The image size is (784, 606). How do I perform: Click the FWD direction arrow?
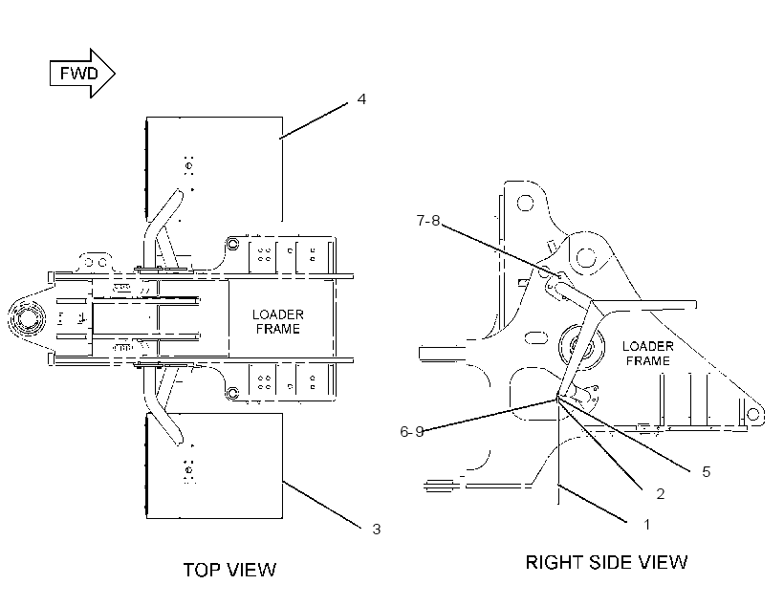point(82,73)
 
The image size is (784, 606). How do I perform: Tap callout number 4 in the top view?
point(361,99)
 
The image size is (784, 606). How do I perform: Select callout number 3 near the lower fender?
point(377,529)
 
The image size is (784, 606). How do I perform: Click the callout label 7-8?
point(428,220)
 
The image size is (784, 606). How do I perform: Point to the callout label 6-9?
point(411,431)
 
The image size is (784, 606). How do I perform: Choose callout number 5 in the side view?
point(706,471)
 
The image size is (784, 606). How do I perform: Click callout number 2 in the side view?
point(661,494)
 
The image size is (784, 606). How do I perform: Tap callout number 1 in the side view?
point(647,525)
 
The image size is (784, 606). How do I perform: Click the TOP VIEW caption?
point(229,570)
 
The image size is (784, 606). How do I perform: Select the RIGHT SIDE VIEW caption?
point(606,562)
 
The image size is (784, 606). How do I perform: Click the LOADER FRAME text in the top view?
point(278,321)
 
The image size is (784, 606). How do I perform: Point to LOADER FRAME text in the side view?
point(648,354)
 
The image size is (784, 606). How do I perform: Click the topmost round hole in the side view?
point(525,204)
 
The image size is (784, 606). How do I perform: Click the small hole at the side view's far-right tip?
point(753,414)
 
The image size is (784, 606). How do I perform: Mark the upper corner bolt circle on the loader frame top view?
point(233,244)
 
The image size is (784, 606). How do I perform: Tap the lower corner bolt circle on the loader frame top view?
point(233,393)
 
